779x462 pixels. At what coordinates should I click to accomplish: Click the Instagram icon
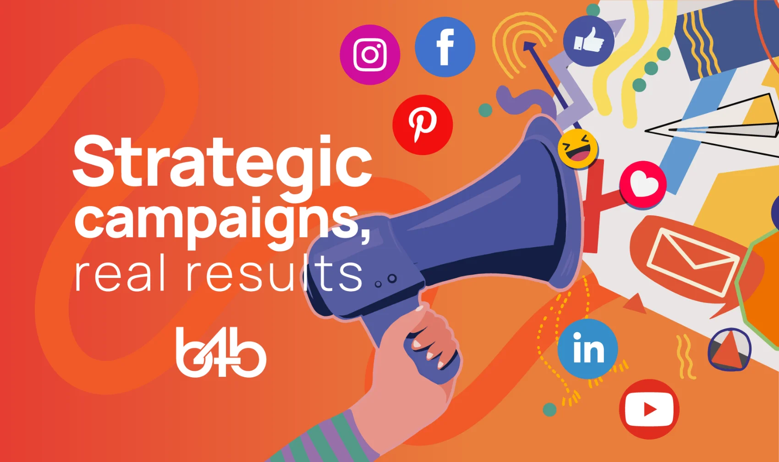[x=370, y=54]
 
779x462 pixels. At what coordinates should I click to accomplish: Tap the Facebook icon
[x=445, y=47]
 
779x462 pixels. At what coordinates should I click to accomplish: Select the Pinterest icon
[x=422, y=125]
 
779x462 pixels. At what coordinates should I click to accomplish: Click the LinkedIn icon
[x=588, y=348]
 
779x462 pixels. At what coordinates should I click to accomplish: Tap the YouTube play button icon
[x=649, y=409]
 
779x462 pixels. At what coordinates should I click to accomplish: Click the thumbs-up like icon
[x=588, y=41]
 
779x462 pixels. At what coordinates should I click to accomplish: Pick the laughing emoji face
[x=578, y=149]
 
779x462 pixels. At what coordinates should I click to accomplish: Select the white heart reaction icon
[x=642, y=184]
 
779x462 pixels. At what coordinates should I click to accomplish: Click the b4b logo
[x=221, y=352]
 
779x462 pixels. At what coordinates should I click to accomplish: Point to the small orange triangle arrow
[x=635, y=304]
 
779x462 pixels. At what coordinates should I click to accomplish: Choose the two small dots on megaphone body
[x=386, y=281]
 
